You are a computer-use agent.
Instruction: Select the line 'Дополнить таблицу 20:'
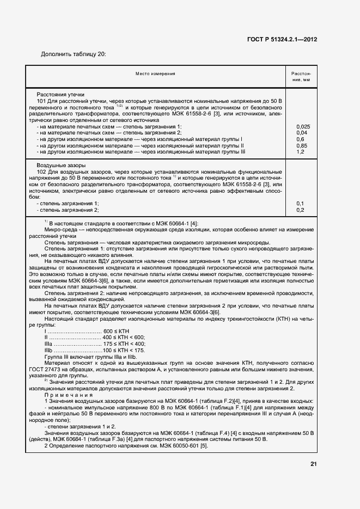tap(74, 54)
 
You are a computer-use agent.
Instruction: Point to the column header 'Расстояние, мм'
tap(301, 76)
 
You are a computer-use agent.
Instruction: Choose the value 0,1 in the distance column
tap(300, 204)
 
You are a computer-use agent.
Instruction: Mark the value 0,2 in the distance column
tap(300, 210)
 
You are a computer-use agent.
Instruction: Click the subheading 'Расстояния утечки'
tap(60, 94)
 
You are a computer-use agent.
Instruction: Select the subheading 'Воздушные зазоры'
tap(60, 165)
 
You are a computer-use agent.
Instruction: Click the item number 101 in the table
tap(41, 101)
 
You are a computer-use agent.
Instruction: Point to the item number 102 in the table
tap(41, 171)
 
